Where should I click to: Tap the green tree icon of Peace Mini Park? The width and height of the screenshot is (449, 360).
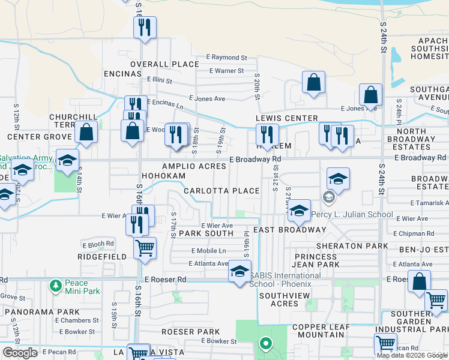(x=56, y=284)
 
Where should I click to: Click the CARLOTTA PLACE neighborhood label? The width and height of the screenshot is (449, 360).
(x=221, y=191)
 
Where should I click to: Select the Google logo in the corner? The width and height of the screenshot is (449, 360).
(x=20, y=353)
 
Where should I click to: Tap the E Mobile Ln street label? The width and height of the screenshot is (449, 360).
(x=209, y=250)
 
